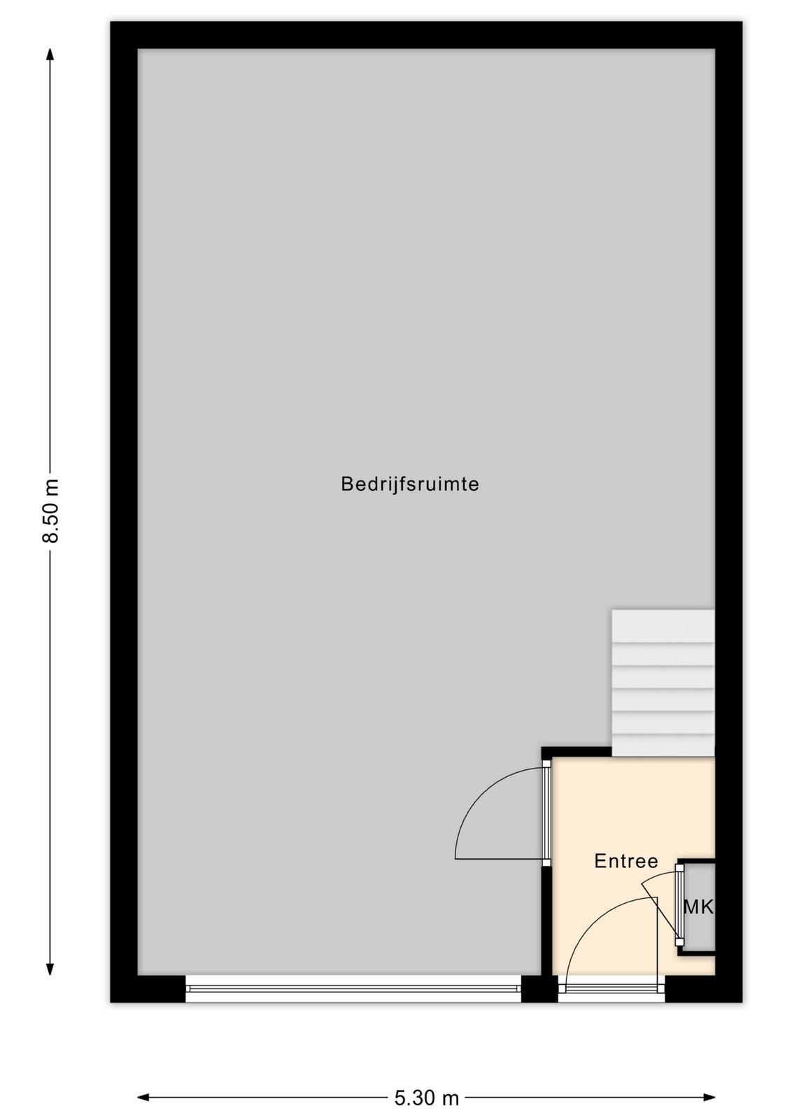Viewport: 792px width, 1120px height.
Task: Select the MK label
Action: (x=698, y=907)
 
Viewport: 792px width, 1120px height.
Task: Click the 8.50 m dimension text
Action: (x=50, y=510)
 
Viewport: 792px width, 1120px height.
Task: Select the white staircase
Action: (x=663, y=682)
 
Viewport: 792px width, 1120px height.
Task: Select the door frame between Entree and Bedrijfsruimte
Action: (x=546, y=813)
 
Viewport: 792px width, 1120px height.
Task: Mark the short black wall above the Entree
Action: (x=577, y=752)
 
